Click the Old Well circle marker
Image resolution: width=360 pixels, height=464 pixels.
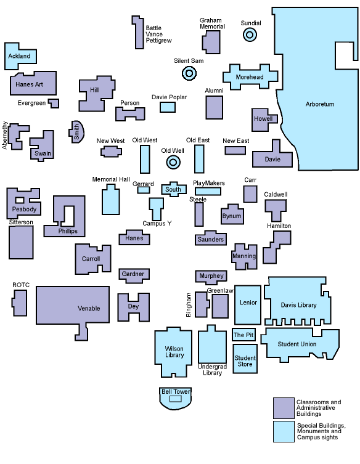tap(173, 162)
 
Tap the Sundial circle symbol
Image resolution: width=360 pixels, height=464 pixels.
tap(250, 35)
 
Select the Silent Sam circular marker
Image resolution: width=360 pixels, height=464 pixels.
tap(189, 74)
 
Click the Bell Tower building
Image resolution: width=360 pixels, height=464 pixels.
tap(176, 398)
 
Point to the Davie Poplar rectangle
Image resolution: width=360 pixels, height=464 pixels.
tap(168, 107)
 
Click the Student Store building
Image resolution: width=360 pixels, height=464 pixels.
tap(245, 360)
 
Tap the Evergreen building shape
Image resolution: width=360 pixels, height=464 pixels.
tap(54, 103)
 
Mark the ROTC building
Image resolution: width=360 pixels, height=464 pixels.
tap(20, 302)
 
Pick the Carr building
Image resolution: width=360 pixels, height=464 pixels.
tap(250, 193)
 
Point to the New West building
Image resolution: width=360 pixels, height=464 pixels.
tap(111, 151)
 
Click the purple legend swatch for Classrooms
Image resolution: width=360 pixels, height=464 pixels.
tap(283, 408)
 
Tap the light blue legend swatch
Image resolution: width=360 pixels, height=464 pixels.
tap(283, 431)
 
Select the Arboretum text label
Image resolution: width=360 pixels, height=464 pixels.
tap(319, 104)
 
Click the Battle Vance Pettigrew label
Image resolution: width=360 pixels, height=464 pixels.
tap(158, 34)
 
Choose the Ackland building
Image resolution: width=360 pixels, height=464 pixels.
tap(20, 56)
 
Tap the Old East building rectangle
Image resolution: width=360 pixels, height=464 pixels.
tap(199, 159)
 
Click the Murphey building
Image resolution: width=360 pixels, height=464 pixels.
tap(211, 276)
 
